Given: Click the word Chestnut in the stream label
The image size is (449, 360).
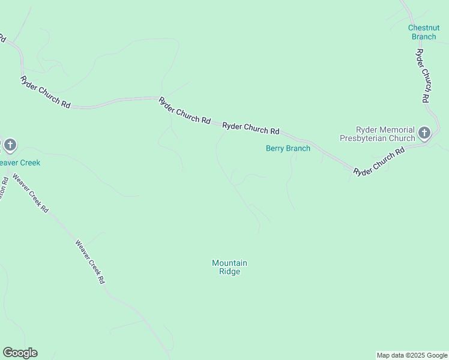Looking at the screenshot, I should tap(423, 28).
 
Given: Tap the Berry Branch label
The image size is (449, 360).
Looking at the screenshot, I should tap(288, 148).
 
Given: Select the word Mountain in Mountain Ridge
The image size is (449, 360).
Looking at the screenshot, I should tap(229, 263).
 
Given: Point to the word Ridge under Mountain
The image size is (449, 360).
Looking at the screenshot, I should tap(229, 271).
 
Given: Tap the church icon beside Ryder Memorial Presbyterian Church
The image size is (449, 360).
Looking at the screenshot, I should tap(424, 133).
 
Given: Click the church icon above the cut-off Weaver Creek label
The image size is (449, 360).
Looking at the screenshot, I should tap(10, 145).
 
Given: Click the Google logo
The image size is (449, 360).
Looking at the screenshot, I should tap(20, 353).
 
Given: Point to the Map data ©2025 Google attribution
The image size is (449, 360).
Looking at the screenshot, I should tap(412, 355).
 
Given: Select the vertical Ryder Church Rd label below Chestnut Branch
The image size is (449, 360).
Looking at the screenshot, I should tap(423, 75).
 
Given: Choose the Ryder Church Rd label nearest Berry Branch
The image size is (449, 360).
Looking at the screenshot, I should tap(251, 128).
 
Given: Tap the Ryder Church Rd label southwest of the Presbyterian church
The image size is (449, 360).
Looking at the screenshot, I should tap(379, 163).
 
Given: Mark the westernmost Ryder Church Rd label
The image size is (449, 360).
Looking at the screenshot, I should tap(45, 92).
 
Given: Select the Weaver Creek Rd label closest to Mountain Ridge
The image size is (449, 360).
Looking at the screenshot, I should tap(90, 262).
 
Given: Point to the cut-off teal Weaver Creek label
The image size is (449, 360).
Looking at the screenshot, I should tap(19, 163).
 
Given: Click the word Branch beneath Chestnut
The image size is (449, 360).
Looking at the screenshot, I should tap(423, 37).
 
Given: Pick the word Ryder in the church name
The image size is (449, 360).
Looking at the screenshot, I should tap(367, 130).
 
